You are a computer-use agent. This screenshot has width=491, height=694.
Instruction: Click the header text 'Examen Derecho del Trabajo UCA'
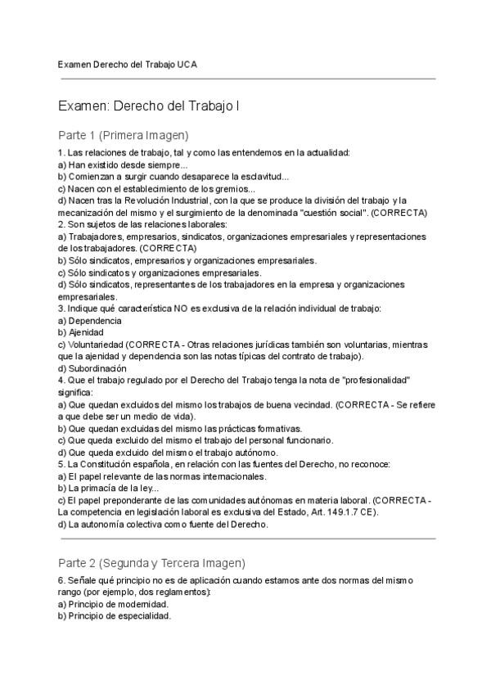click(127, 63)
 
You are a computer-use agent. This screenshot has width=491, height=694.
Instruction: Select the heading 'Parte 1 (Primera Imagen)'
click(123, 135)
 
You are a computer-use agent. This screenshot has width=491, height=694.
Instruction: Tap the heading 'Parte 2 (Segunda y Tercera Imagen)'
click(151, 563)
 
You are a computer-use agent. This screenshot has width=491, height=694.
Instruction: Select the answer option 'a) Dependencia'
click(90, 321)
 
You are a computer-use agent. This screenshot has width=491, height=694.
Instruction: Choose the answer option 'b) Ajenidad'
click(81, 333)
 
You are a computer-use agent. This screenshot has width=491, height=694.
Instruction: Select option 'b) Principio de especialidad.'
click(115, 616)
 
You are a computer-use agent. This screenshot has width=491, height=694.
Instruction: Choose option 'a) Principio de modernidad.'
click(113, 604)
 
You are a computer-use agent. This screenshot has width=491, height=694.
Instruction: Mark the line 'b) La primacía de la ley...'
click(108, 488)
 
